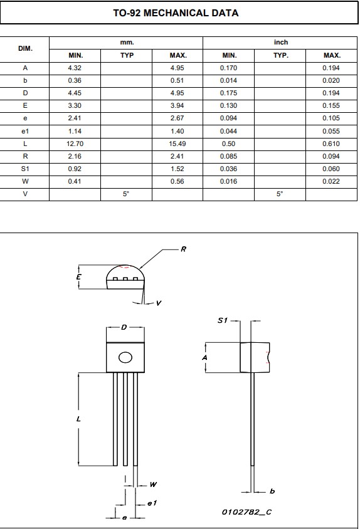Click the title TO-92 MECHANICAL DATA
[176, 13]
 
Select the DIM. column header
[25, 49]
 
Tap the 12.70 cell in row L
[75, 144]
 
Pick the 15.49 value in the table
[177, 144]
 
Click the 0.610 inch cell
[331, 144]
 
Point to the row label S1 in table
[25, 169]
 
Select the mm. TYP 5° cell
[126, 194]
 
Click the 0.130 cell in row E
[229, 105]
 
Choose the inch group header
[281, 42]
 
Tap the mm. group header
[127, 43]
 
